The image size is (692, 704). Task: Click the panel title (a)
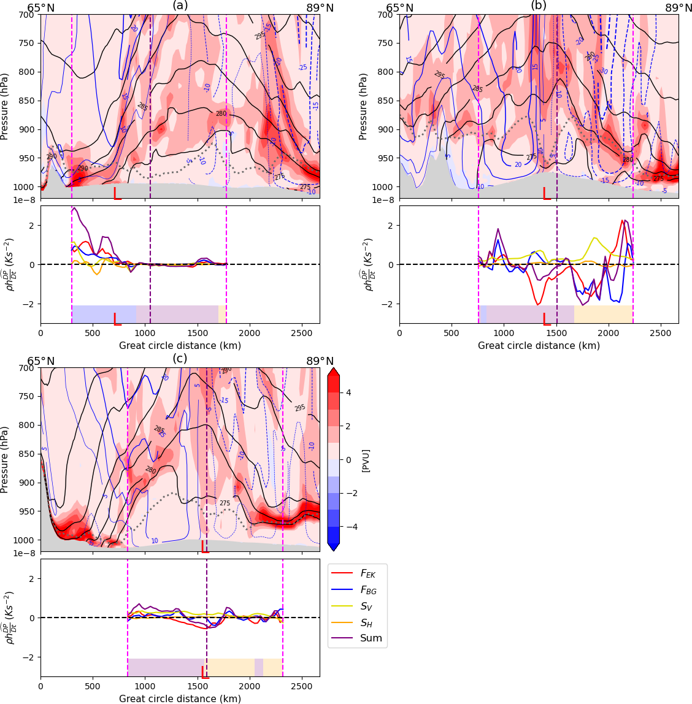tap(180, 6)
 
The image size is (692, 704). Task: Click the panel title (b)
tap(538, 6)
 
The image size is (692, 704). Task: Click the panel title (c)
tap(180, 359)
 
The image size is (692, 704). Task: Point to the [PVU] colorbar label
tap(366, 460)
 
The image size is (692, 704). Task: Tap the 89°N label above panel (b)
tap(679, 8)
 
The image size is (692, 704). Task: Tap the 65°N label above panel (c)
tap(40, 361)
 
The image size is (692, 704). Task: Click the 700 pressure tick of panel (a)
tap(29, 15)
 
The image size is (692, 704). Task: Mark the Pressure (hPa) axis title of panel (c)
tap(6, 460)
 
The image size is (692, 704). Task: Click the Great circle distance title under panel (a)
tap(180, 346)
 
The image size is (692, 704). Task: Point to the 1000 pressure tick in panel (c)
tap(27, 540)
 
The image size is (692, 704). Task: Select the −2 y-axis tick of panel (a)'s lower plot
tap(31, 304)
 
